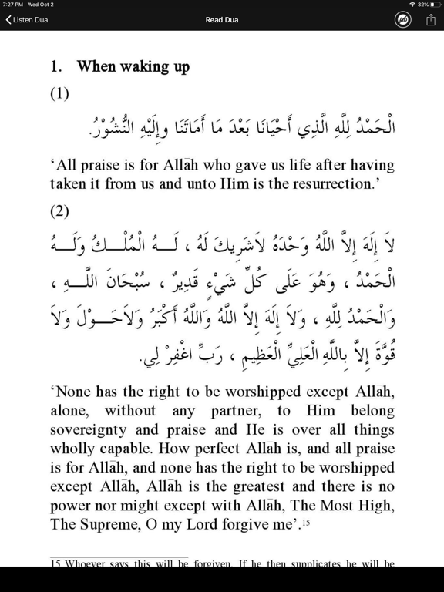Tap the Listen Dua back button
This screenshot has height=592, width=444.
click(27, 20)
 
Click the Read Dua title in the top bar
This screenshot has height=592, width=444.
click(221, 20)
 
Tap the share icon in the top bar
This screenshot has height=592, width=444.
click(430, 20)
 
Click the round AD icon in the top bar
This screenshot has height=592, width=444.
click(403, 20)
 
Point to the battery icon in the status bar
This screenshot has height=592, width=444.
click(436, 5)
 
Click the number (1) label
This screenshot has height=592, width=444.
click(59, 94)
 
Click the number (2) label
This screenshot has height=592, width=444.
click(59, 210)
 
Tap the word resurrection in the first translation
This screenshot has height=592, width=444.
click(335, 184)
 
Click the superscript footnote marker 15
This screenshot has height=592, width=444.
click(305, 522)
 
